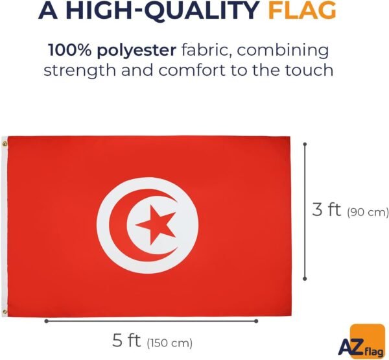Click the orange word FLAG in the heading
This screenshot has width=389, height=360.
[302, 10]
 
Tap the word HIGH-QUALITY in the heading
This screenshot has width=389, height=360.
[163, 11]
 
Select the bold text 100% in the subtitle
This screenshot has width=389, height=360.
[70, 50]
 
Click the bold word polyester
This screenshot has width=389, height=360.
[136, 51]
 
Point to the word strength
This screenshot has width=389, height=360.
[80, 71]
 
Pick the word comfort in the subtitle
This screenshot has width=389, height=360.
[193, 70]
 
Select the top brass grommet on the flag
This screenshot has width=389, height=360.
[5, 143]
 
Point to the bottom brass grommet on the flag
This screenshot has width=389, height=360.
[5, 312]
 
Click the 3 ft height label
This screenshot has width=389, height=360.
[327, 210]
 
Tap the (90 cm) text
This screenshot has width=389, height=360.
[368, 213]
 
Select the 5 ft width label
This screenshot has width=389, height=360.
[126, 341]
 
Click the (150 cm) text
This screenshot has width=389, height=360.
[170, 343]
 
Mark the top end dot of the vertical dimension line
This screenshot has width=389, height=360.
[305, 144]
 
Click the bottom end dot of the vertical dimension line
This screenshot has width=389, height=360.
[305, 279]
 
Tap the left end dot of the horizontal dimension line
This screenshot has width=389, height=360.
[47, 321]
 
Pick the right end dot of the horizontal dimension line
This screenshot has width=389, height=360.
[256, 321]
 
